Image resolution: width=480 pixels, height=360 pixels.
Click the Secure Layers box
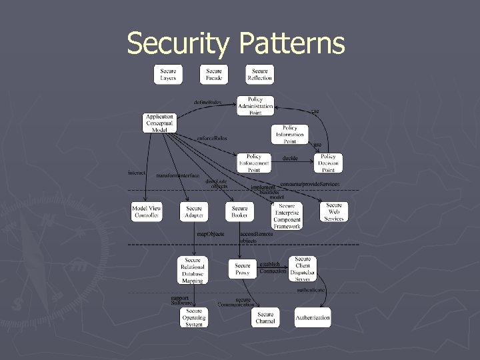pyautogui.click(x=168, y=75)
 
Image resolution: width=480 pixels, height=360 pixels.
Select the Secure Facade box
pyautogui.click(x=214, y=75)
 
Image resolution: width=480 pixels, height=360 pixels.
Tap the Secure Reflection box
pyautogui.click(x=260, y=75)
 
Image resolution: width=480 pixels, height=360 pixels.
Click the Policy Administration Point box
pyautogui.click(x=256, y=105)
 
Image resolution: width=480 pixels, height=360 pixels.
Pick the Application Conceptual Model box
pyautogui.click(x=160, y=123)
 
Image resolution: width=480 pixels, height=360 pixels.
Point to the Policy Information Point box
pyautogui.click(x=290, y=134)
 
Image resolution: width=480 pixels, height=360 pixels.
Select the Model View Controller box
pyautogui.click(x=147, y=212)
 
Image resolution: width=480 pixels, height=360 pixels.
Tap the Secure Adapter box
pyautogui.click(x=194, y=212)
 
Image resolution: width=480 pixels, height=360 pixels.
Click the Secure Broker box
pyautogui.click(x=240, y=212)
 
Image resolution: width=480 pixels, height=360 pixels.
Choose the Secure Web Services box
pyautogui.click(x=334, y=212)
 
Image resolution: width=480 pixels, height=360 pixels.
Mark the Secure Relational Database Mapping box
pyautogui.click(x=193, y=270)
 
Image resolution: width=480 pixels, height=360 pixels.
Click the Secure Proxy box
pyautogui.click(x=243, y=269)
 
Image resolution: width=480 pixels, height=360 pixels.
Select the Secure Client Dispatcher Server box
pyautogui.click(x=303, y=269)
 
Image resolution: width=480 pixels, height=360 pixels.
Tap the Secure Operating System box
pyautogui.click(x=194, y=317)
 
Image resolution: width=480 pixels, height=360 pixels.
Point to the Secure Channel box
pyautogui.click(x=265, y=318)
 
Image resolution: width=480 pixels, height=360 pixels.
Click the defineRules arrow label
pyautogui.click(x=207, y=102)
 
